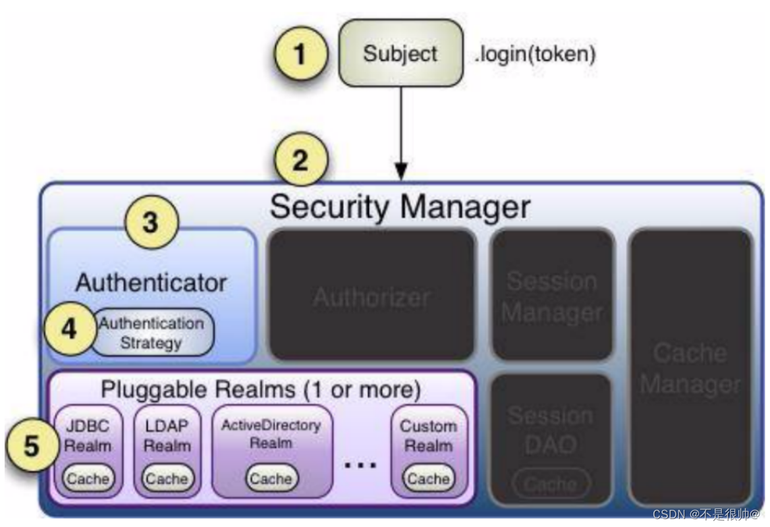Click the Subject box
click(400, 53)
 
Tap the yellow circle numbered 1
click(300, 53)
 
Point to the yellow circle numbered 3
click(151, 223)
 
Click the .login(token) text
click(535, 53)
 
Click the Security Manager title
click(400, 207)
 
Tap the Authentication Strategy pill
click(151, 333)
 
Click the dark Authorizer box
click(372, 296)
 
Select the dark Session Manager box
click(552, 296)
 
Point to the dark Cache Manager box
click(690, 368)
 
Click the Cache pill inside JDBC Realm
click(88, 478)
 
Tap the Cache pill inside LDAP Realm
click(167, 478)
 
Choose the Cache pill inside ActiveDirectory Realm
click(271, 478)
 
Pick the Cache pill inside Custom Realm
click(428, 478)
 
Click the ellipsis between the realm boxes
click(361, 465)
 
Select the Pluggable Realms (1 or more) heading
click(260, 389)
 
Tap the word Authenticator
click(151, 283)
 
